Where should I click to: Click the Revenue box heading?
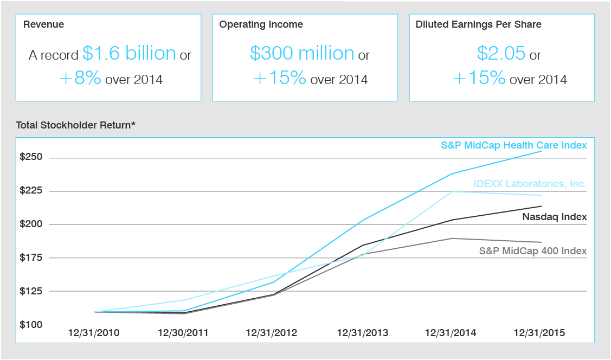point(43,24)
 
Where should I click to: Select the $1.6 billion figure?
point(129,53)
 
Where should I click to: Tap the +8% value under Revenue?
point(80,78)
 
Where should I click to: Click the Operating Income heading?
point(261,24)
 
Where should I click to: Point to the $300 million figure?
point(301,53)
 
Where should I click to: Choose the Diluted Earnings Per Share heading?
point(478,24)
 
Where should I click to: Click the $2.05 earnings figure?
point(501,53)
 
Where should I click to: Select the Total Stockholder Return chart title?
point(75,125)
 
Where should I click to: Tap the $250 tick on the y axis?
point(31,158)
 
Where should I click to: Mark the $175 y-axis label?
point(31,258)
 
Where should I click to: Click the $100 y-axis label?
point(31,325)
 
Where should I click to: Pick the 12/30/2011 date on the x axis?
point(183,333)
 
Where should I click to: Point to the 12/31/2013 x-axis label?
point(363,333)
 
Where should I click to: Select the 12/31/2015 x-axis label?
point(539,333)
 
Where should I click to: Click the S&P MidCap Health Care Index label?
point(513,145)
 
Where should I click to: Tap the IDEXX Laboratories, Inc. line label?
point(530,184)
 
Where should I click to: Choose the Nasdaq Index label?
point(555,217)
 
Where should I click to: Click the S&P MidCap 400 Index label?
point(533,251)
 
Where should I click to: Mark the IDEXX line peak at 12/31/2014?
point(452,191)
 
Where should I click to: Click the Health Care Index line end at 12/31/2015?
point(541,151)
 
